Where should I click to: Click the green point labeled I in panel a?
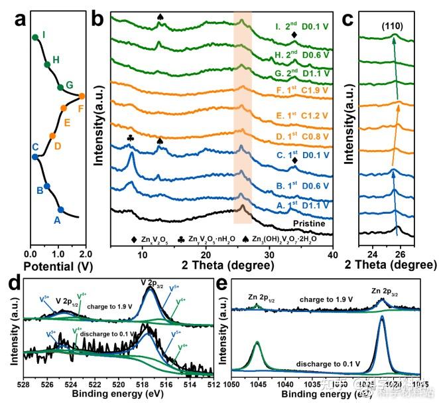coord(34,37)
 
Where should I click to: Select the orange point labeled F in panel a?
coord(82,96)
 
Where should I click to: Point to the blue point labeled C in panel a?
coord(34,157)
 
